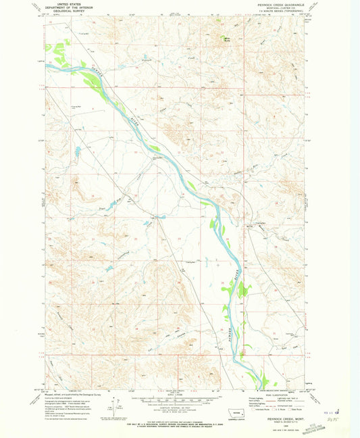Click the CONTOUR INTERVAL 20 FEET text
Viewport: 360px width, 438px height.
click(x=179, y=400)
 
